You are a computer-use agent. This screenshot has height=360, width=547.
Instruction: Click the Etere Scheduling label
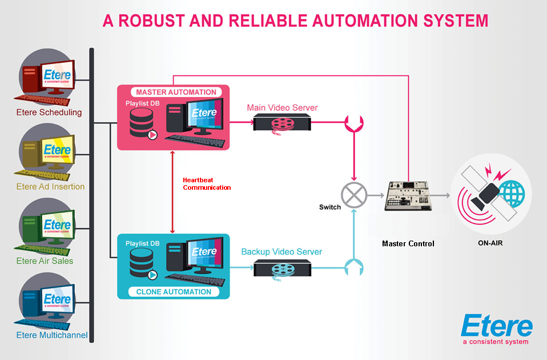(x=49, y=113)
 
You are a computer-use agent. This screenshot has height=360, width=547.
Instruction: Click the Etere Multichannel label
(x=52, y=335)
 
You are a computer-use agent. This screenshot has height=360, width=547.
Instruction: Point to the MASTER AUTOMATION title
(x=176, y=92)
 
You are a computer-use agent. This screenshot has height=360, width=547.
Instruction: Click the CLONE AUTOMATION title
(x=174, y=292)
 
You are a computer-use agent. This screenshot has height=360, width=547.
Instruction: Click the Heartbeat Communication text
(x=207, y=183)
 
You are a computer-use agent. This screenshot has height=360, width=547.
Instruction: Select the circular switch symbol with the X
(x=353, y=195)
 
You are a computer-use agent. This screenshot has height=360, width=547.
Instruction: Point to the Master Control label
(x=408, y=244)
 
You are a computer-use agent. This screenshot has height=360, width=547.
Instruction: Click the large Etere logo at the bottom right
(x=496, y=327)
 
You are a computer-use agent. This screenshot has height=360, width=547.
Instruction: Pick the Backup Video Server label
(x=281, y=252)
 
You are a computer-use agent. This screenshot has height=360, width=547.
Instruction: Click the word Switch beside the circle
(x=329, y=207)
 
